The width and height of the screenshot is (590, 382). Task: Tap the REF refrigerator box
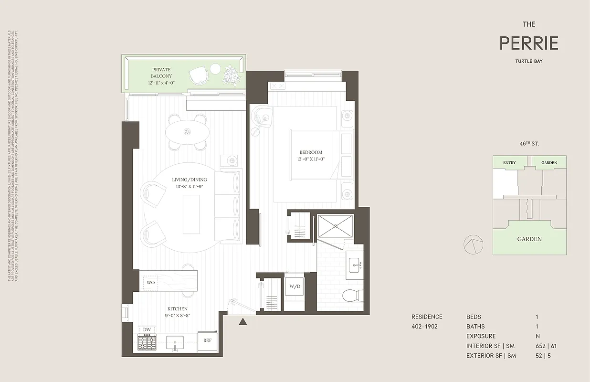click(207, 340)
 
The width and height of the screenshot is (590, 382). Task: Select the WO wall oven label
click(150, 283)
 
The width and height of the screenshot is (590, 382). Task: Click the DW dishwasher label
click(147, 329)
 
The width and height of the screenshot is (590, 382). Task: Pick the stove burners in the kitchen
click(147, 342)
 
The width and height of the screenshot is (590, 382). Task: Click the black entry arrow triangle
click(243, 322)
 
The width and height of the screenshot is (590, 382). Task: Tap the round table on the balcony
click(215, 69)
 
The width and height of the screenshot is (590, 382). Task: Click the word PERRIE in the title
click(528, 43)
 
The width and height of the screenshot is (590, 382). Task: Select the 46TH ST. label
click(529, 143)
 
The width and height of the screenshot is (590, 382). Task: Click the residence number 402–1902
click(424, 327)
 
